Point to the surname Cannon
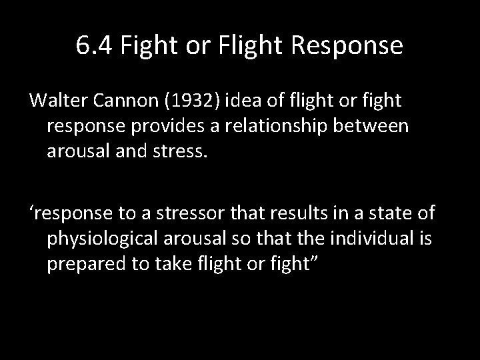point(127,101)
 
